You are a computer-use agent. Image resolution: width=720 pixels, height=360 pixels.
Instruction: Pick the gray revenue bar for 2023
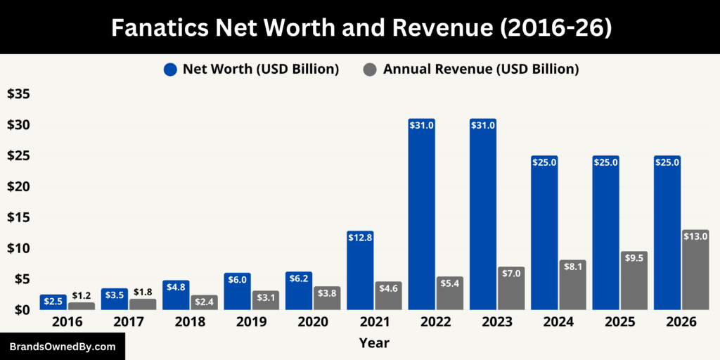click(511, 288)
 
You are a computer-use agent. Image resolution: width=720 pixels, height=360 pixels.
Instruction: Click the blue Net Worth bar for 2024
click(544, 233)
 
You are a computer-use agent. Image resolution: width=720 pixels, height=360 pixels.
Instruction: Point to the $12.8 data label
click(360, 238)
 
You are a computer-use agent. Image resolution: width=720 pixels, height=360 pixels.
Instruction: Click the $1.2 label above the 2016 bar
click(82, 296)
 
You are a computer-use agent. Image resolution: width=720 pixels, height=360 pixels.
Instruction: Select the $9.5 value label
click(634, 258)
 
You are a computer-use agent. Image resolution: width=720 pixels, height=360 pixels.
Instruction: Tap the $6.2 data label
click(299, 278)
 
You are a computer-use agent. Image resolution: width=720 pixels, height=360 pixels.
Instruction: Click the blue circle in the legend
click(170, 69)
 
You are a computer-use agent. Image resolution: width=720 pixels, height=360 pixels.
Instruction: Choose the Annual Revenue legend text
click(481, 69)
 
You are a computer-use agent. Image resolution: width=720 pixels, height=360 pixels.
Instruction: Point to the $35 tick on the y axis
click(18, 94)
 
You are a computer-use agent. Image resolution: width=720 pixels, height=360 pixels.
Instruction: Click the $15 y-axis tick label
click(18, 217)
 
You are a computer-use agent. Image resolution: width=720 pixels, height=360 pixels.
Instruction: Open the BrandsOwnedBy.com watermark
click(63, 347)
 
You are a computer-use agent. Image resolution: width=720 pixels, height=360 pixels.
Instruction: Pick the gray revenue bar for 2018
click(204, 302)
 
